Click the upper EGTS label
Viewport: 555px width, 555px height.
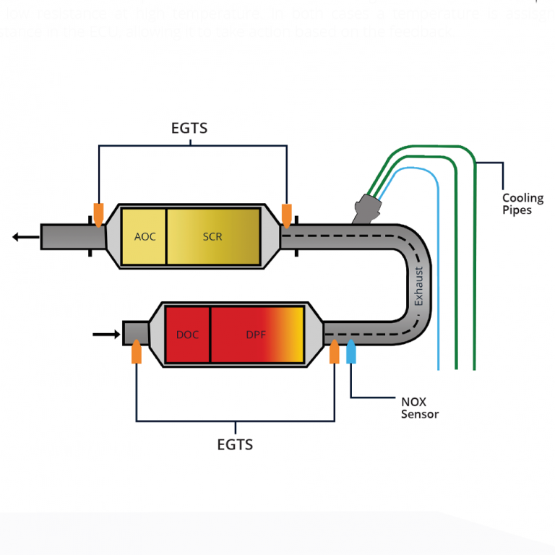click(x=189, y=129)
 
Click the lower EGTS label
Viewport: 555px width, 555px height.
click(x=235, y=444)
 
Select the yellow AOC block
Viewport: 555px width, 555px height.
click(x=145, y=236)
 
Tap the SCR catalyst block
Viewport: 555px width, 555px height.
click(x=213, y=236)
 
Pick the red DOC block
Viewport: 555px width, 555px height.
click(x=188, y=335)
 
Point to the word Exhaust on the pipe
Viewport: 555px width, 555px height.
click(x=418, y=288)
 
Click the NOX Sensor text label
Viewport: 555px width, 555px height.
click(x=419, y=408)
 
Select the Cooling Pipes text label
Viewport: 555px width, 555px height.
click(x=522, y=204)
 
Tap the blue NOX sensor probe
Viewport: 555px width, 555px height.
click(x=352, y=352)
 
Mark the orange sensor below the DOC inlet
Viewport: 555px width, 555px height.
click(x=136, y=353)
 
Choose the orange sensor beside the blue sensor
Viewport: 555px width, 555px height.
click(x=334, y=353)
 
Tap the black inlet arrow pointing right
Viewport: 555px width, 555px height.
click(x=104, y=334)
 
